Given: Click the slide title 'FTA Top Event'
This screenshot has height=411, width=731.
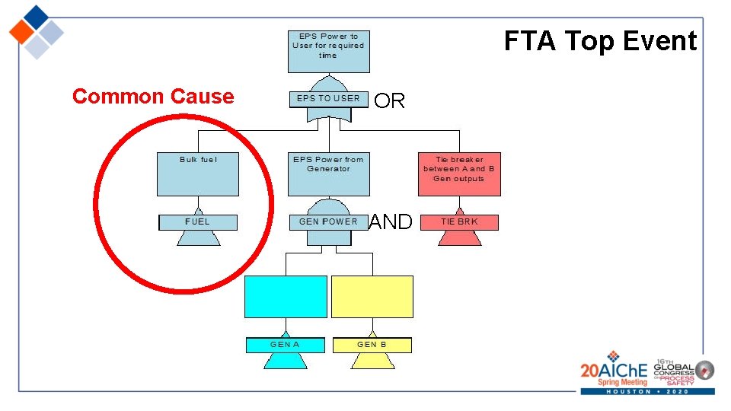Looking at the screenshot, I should point(600,41).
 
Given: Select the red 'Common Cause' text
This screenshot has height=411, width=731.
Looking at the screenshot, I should point(153,97).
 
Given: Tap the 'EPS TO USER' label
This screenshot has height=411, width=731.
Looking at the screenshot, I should point(328,98).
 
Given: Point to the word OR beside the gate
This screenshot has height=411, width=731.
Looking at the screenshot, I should point(390,101).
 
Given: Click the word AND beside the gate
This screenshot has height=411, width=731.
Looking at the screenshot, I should point(390,222).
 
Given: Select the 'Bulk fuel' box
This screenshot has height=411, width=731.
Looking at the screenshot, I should point(198,174).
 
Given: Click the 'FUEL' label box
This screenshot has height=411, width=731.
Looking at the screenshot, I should point(198,221).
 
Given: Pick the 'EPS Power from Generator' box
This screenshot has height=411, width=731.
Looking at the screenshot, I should point(328,174).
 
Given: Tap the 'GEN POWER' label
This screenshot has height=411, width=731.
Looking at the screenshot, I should point(328,221).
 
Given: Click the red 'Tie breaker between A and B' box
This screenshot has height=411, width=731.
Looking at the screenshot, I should point(459,174).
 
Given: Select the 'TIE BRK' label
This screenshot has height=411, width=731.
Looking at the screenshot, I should point(459,221).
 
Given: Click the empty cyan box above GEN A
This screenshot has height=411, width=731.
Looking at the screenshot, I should point(286,296).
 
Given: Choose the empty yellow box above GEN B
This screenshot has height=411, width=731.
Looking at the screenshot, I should point(372,296).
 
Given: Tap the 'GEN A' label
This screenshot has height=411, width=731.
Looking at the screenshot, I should point(286,345).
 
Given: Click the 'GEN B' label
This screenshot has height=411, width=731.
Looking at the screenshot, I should point(372,345).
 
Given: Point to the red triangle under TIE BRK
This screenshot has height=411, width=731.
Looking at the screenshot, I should point(459,237).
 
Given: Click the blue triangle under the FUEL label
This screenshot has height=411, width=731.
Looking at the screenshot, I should point(198,237).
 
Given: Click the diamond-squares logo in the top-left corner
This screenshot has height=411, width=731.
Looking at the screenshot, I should point(36,31).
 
